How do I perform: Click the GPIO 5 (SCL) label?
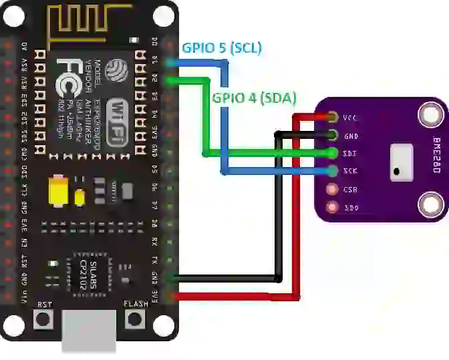point(222,48)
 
